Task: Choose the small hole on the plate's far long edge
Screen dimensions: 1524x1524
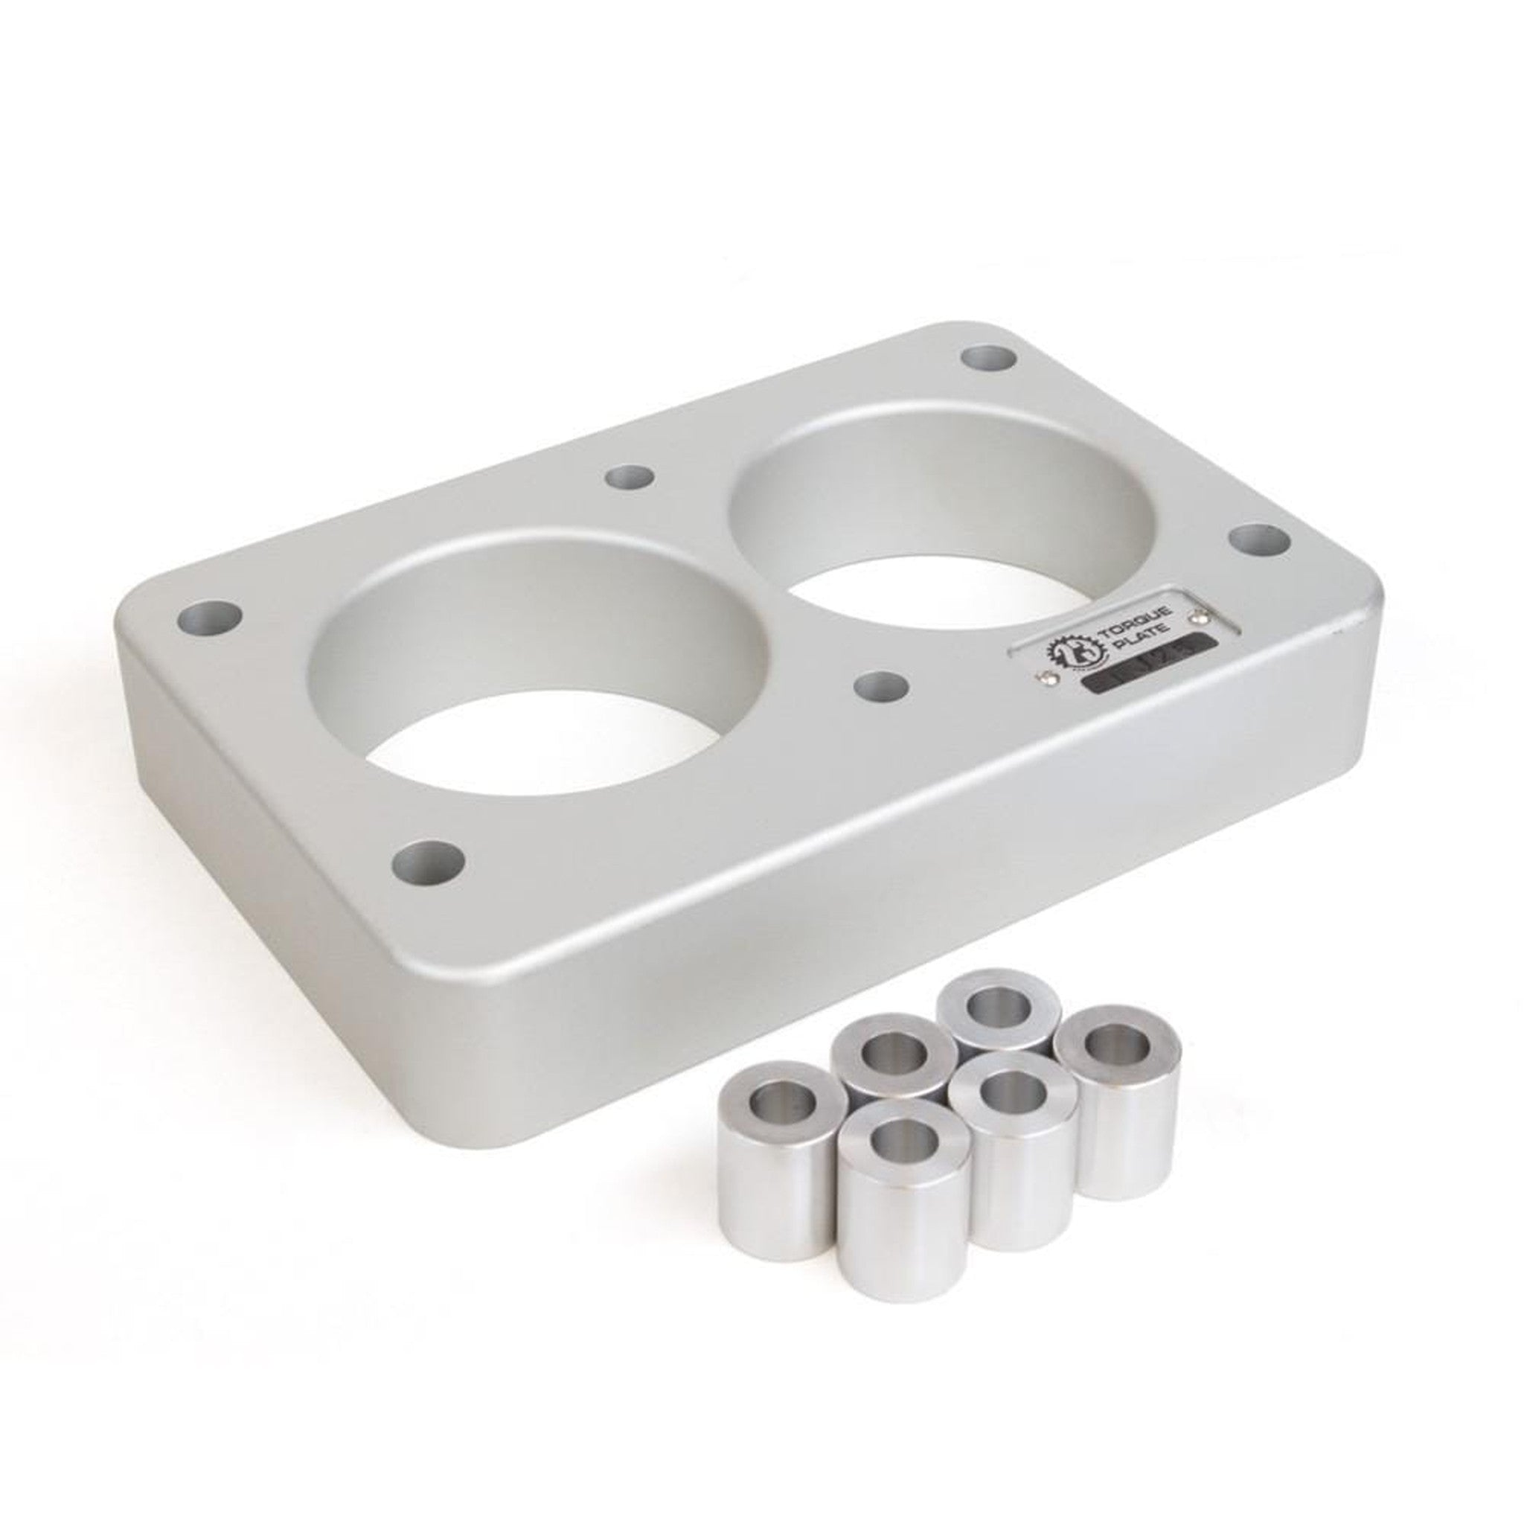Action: coord(629,476)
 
